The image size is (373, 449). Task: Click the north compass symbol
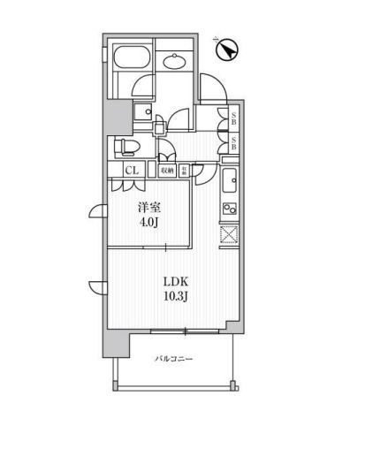(226, 49)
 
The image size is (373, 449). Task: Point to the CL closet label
(129, 169)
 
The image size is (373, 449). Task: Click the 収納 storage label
(166, 169)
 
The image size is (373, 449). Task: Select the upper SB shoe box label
(233, 118)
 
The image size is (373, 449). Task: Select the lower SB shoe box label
(233, 141)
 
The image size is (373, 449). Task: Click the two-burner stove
(228, 209)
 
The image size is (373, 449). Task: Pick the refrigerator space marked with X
(228, 237)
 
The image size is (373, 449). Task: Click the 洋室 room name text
(147, 206)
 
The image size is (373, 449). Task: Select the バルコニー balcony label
(173, 359)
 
